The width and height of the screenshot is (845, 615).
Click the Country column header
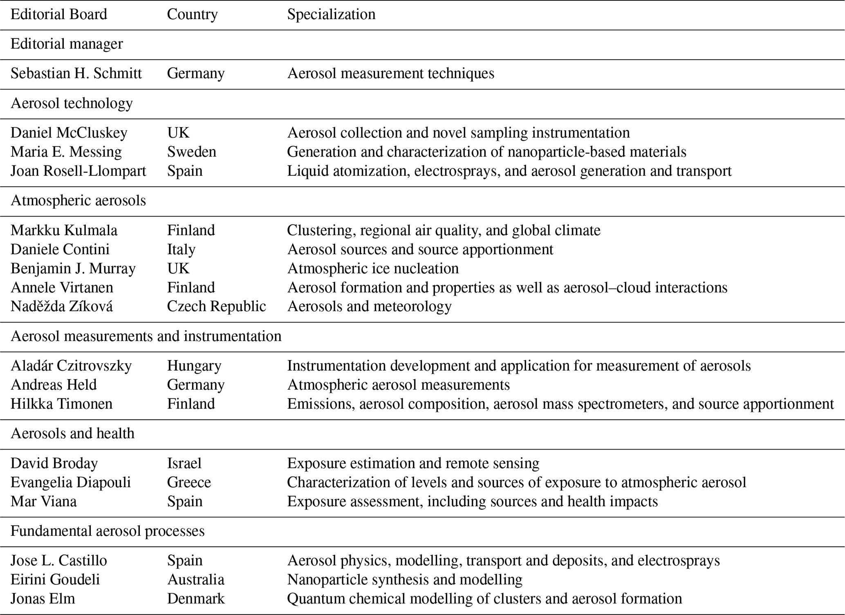[192, 14]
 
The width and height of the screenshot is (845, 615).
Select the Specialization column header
[331, 14]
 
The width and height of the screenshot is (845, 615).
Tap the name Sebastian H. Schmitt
[76, 74]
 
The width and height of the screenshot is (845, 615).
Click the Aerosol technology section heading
[72, 103]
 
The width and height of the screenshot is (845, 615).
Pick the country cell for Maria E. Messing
[191, 152]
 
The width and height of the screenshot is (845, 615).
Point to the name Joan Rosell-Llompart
[78, 171]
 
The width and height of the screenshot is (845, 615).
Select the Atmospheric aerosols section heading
[78, 201]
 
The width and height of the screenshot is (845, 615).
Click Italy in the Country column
[181, 249]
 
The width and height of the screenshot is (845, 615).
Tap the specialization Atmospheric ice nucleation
[373, 268]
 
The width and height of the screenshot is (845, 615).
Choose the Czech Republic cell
[216, 306]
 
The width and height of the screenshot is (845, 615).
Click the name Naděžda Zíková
[61, 306]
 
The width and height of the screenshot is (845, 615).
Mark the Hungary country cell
[194, 366]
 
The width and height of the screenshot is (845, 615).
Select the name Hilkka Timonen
[61, 404]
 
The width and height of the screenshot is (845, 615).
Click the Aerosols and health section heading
[72, 433]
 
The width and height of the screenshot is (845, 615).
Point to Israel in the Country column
[184, 463]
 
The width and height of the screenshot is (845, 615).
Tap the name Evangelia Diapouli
[71, 483]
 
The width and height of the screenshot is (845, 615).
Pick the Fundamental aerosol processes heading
[108, 531]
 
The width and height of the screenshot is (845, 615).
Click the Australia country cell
[195, 579]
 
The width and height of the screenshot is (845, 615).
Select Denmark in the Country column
[195, 599]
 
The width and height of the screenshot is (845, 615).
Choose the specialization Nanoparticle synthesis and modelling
[405, 579]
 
